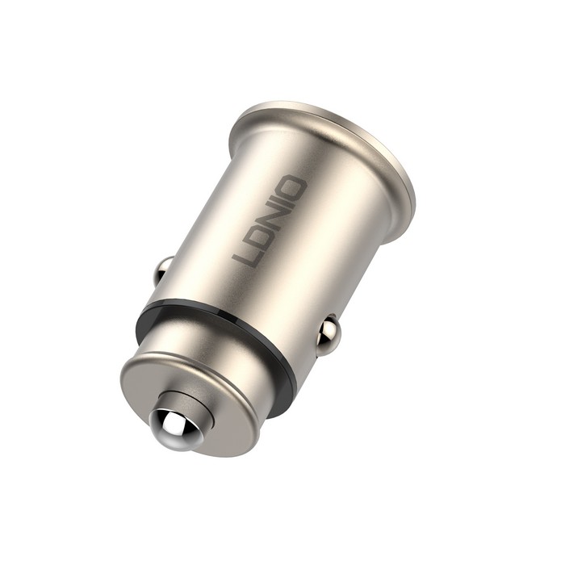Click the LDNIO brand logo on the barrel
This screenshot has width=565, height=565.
point(270,223)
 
